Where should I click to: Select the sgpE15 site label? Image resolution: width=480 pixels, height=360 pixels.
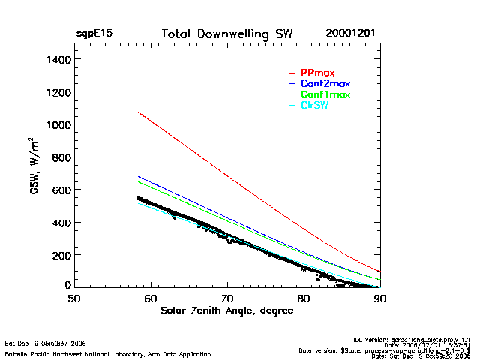[94, 34]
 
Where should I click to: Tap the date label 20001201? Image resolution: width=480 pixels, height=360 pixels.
[350, 34]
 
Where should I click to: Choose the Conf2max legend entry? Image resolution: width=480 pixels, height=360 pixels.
[325, 83]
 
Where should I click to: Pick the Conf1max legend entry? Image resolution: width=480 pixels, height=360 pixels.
[325, 94]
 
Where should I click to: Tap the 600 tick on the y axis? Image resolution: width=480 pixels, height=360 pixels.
[61, 190]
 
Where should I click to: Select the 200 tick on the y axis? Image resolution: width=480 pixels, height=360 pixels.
[61, 255]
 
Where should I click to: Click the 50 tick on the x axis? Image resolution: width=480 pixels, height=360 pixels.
[74, 298]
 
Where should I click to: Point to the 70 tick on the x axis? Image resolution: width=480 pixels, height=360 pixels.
[227, 298]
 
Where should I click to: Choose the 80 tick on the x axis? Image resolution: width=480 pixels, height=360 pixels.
[304, 298]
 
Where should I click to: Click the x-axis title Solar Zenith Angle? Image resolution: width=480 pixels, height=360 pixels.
[226, 310]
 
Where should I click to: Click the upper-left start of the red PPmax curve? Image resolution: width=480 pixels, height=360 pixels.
[138, 112]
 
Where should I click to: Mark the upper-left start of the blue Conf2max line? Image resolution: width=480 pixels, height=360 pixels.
[138, 177]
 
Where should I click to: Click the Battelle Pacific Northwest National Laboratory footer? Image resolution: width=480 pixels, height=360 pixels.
[107, 353]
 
